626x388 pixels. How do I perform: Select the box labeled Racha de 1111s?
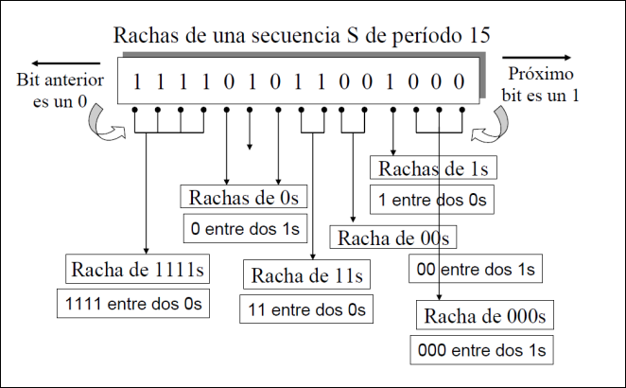[138, 270]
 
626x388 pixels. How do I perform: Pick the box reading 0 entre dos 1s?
[245, 228]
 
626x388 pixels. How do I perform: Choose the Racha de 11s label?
[306, 275]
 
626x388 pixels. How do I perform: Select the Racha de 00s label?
[391, 237]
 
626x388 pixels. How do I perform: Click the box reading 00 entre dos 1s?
[476, 270]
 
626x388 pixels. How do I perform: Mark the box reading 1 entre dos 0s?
[432, 200]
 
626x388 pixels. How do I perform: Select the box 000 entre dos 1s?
[481, 350]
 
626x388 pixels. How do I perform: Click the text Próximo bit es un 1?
[541, 85]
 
